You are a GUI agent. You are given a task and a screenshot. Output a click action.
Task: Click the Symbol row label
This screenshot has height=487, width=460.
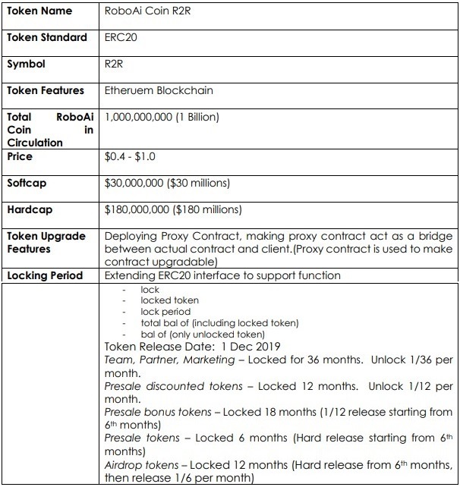click(x=26, y=64)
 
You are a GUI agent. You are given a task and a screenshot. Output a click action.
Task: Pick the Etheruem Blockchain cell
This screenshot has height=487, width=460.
click(x=159, y=90)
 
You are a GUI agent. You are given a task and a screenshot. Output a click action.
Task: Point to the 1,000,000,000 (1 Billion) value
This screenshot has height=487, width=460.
click(x=162, y=117)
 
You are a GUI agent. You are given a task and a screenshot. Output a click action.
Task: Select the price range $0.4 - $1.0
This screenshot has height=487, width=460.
click(x=132, y=157)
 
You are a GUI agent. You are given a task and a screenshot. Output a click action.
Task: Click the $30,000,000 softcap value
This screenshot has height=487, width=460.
click(x=167, y=183)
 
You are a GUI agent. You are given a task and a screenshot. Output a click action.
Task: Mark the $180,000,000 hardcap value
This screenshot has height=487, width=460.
click(x=173, y=209)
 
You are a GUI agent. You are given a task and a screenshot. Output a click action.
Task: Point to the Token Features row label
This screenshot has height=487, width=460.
click(x=46, y=90)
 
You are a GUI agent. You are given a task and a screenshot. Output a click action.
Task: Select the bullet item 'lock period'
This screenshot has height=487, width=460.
click(x=165, y=312)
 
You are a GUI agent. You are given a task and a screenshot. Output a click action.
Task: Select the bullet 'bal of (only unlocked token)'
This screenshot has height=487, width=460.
click(x=202, y=334)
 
